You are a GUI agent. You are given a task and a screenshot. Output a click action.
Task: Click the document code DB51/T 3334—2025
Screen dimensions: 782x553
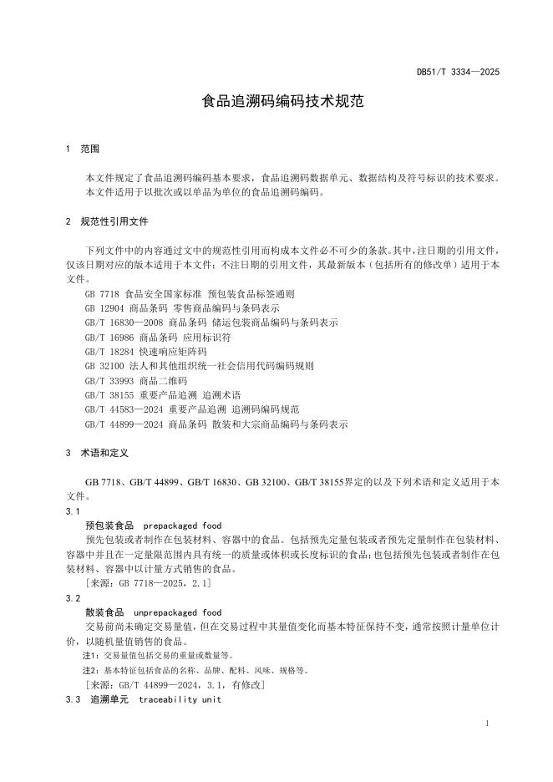point(457,73)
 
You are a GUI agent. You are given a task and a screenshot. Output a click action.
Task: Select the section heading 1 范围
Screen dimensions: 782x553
point(83,149)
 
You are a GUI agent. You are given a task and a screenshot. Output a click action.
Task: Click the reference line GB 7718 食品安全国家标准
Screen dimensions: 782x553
point(190,295)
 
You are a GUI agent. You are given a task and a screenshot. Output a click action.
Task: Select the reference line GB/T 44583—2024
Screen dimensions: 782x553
point(192,409)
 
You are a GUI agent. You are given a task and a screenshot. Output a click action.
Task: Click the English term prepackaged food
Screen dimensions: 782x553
point(182,526)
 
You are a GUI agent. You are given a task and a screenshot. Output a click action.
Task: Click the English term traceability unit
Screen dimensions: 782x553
point(180,699)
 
